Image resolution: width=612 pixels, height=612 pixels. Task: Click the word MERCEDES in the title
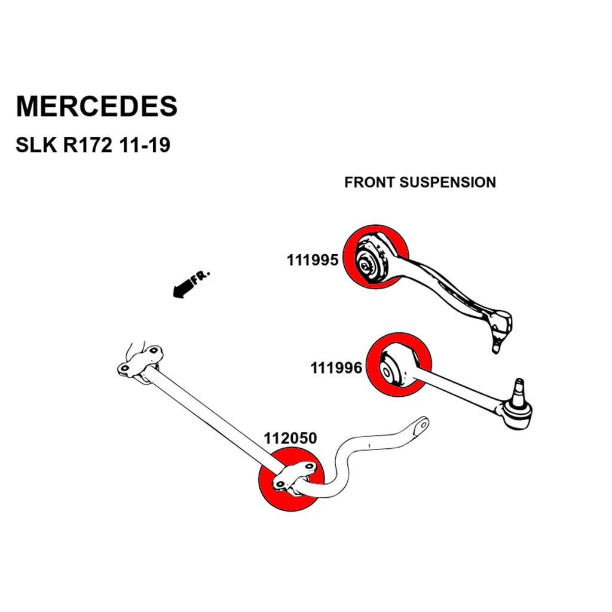pos(96,106)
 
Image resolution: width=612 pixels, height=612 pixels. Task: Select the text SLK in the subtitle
pos(35,145)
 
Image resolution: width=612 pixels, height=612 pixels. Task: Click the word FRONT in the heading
pos(369,182)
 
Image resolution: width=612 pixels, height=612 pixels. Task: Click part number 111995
pos(313,261)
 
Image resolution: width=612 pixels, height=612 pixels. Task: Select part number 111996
pos(336,368)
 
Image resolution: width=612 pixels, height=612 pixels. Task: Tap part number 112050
pos(290,439)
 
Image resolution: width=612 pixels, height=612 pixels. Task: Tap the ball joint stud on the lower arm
pos(519,388)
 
